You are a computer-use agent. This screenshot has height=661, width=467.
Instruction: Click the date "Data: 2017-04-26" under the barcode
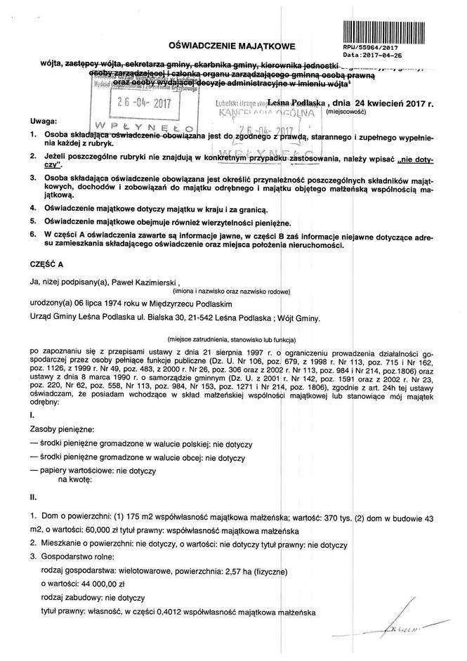click(372, 54)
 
